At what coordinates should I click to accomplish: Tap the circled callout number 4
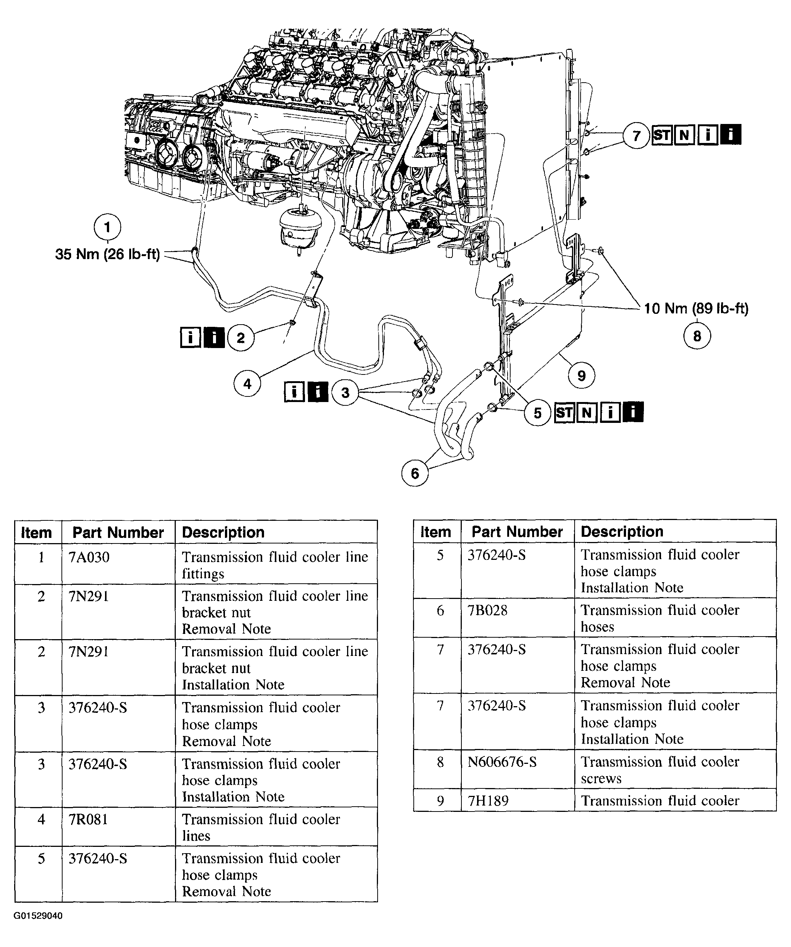pyautogui.click(x=247, y=383)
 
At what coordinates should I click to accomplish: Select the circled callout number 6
pyautogui.click(x=414, y=473)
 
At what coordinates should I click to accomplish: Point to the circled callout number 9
pyautogui.click(x=581, y=375)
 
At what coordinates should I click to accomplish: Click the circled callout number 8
pyautogui.click(x=697, y=336)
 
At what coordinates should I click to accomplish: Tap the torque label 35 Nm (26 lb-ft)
pyautogui.click(x=107, y=254)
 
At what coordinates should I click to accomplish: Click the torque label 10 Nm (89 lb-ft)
pyautogui.click(x=696, y=309)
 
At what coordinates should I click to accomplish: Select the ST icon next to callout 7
pyautogui.click(x=662, y=135)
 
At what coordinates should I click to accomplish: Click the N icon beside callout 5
pyautogui.click(x=587, y=412)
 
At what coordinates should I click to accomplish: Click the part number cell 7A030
pyautogui.click(x=89, y=557)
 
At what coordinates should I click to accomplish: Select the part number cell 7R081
pyautogui.click(x=88, y=819)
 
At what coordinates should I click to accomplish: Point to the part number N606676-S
pyautogui.click(x=502, y=762)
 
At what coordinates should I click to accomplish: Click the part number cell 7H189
pyautogui.click(x=488, y=801)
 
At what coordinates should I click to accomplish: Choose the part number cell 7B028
pyautogui.click(x=487, y=610)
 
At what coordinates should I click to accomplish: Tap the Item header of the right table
pyautogui.click(x=435, y=532)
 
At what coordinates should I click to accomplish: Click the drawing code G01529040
pyautogui.click(x=38, y=916)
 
